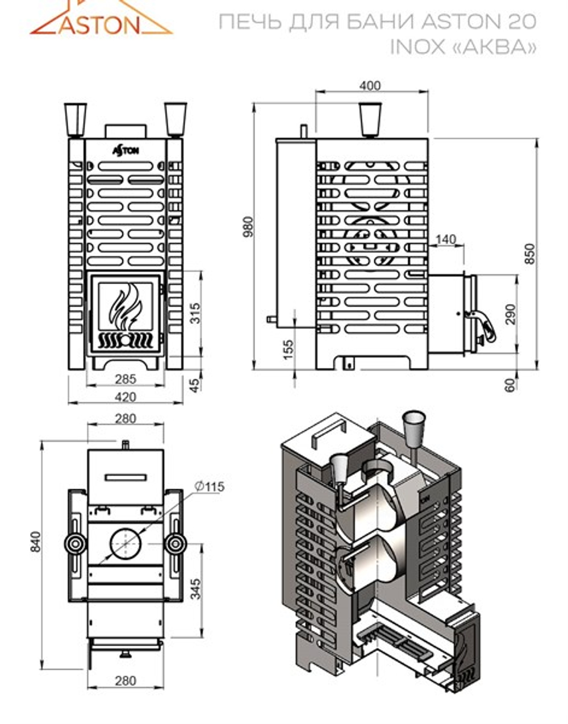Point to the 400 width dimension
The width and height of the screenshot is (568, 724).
(x=370, y=86)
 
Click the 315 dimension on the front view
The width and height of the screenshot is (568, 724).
(x=195, y=313)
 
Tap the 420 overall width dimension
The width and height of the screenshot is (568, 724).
(x=125, y=396)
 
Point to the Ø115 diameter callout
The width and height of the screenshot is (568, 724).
(x=209, y=486)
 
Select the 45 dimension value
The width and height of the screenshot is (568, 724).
(x=195, y=385)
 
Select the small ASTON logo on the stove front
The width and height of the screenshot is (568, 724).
(x=125, y=150)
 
